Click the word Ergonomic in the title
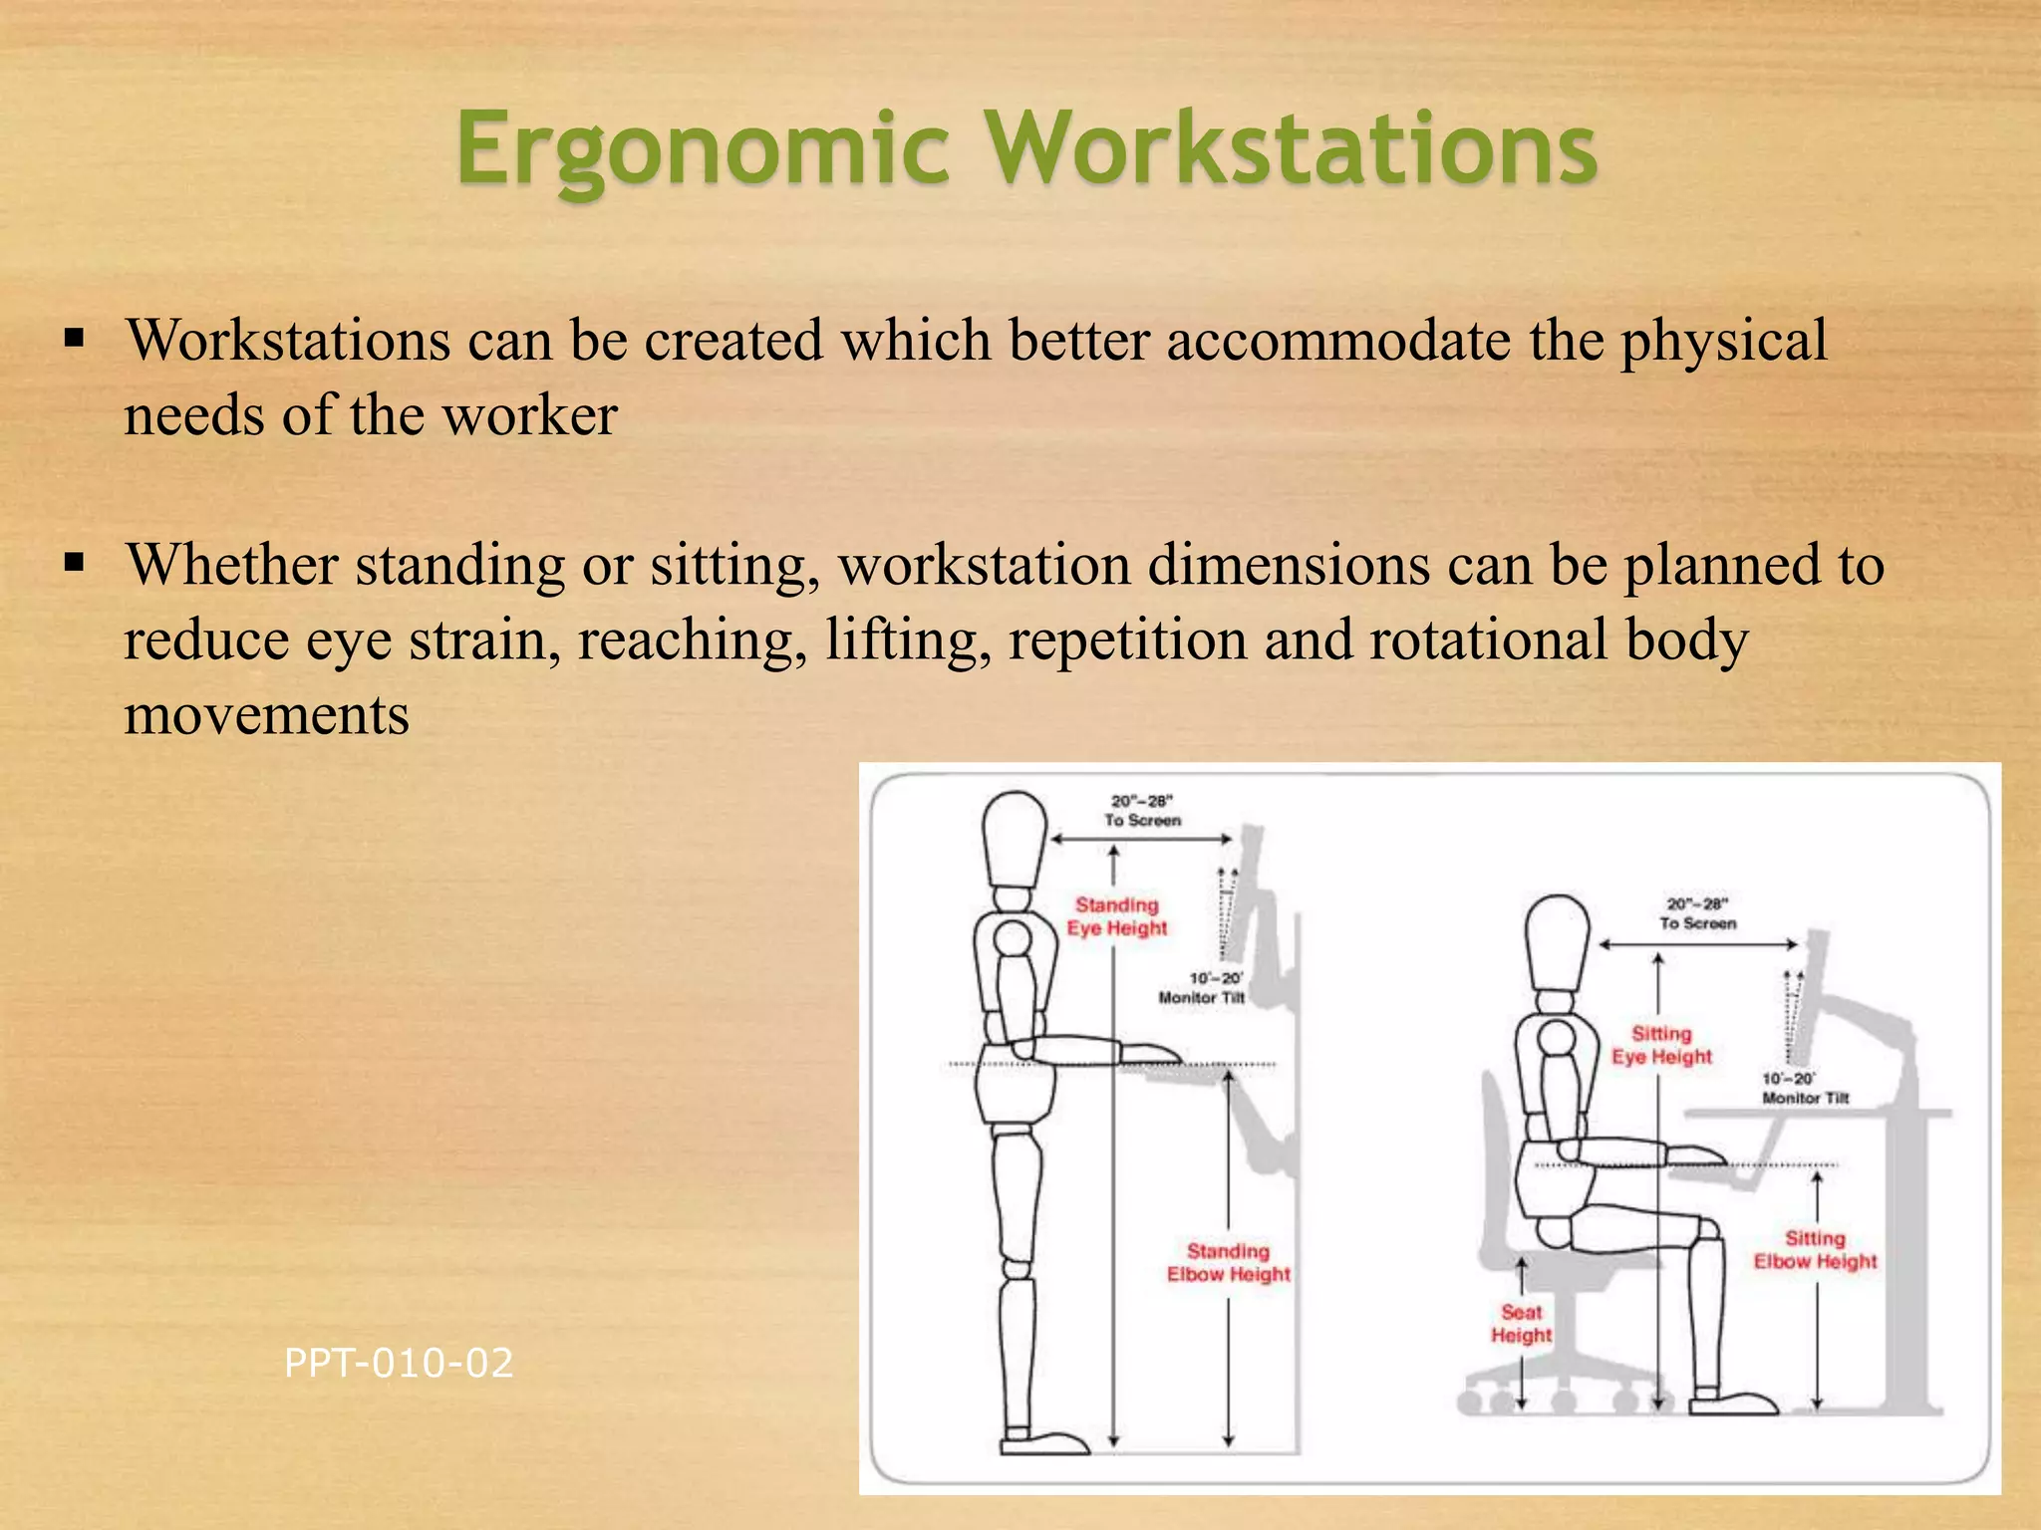click(704, 149)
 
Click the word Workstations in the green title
click(1293, 149)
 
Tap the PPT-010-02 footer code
click(399, 1363)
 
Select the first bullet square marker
click(74, 339)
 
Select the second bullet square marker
click(74, 563)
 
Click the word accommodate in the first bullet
click(1338, 341)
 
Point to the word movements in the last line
click(266, 714)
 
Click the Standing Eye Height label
click(1116, 916)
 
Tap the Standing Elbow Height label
click(1228, 1262)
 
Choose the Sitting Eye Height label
click(1661, 1045)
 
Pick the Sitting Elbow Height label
click(1815, 1250)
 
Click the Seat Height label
click(1521, 1324)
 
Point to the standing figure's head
click(1014, 837)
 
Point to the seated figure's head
click(1557, 941)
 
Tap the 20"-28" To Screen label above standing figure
click(1142, 810)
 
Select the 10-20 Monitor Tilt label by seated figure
click(1804, 1088)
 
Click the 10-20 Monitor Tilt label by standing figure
click(1202, 987)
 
